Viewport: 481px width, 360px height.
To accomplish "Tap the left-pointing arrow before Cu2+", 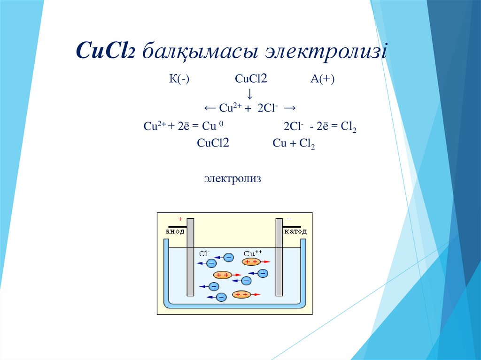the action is coord(210,108).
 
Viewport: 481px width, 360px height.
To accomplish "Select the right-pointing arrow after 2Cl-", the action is coord(290,108).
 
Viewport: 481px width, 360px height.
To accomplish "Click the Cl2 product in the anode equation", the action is coord(349,127).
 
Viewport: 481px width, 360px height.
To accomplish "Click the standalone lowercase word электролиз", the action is coord(232,179).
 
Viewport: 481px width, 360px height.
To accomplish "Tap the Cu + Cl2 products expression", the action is coord(294,144).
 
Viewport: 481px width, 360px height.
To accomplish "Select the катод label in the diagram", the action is coord(295,231).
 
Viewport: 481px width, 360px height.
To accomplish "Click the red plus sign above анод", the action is coord(179,219).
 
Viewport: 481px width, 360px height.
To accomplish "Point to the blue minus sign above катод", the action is coord(289,219).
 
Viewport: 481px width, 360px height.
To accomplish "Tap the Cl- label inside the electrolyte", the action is coord(204,253).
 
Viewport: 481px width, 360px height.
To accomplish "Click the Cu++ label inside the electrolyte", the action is coord(253,253).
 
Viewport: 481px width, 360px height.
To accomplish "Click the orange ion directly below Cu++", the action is coord(251,262).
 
